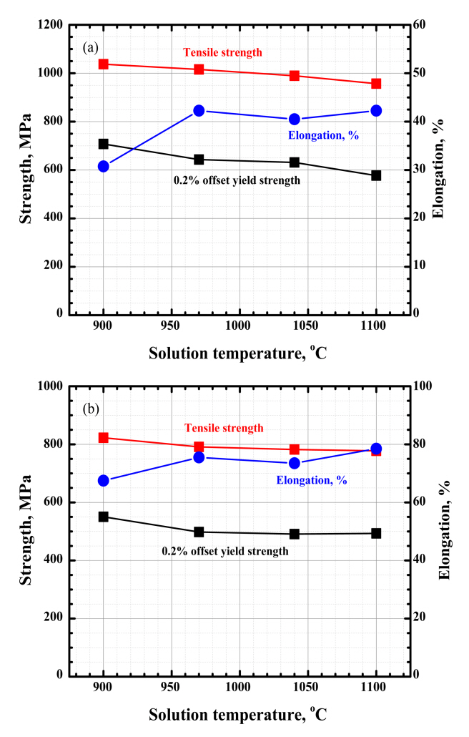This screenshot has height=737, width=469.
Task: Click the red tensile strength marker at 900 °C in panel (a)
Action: click(x=104, y=64)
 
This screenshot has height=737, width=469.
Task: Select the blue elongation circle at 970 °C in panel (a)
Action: click(x=199, y=111)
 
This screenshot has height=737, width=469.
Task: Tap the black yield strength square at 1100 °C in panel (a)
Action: click(x=376, y=175)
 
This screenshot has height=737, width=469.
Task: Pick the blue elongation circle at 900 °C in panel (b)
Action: click(x=104, y=481)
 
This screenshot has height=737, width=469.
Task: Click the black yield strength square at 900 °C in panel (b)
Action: click(x=104, y=517)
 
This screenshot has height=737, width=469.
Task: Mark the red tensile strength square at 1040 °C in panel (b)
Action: click(x=295, y=449)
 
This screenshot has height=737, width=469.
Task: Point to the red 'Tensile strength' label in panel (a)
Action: click(x=222, y=52)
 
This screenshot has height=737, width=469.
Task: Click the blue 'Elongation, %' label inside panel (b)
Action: click(x=312, y=480)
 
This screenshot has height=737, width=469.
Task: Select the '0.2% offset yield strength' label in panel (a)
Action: click(x=237, y=180)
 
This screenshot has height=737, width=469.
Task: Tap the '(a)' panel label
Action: click(x=90, y=48)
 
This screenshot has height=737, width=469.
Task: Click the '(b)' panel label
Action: click(x=91, y=410)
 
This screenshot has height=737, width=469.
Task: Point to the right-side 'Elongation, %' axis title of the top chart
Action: click(x=448, y=170)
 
